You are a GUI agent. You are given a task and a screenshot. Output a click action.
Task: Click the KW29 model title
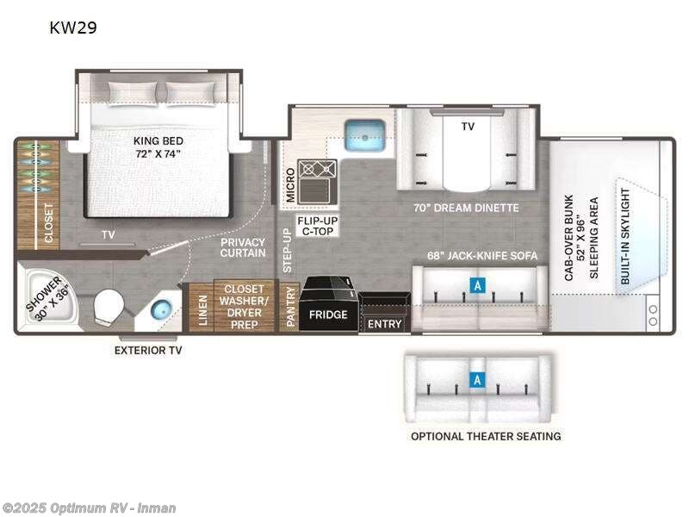73,28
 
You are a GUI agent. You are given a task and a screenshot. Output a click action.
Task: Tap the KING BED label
158,140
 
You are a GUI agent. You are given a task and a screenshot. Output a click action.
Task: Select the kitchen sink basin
364,135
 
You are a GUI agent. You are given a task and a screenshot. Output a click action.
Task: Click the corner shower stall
47,297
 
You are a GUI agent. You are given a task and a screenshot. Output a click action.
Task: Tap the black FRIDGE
328,303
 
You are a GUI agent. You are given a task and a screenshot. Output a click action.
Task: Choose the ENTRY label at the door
384,324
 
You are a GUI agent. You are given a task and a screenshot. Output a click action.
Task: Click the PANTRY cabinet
289,307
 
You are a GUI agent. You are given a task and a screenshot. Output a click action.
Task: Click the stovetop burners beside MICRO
317,169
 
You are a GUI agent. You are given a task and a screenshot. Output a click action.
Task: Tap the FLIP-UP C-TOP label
317,226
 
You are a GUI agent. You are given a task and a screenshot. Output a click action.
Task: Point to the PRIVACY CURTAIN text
243,247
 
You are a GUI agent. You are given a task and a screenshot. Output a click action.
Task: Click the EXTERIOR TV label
148,351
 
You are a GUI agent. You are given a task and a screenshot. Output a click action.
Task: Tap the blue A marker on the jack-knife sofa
478,286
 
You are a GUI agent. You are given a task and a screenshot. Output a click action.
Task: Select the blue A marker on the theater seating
477,379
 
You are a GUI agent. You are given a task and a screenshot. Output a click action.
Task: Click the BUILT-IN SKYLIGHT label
625,236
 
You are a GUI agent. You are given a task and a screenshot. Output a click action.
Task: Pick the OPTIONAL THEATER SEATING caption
486,436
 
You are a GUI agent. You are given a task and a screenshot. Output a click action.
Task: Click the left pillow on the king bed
133,93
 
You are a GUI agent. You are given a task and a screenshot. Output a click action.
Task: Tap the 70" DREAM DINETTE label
466,208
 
